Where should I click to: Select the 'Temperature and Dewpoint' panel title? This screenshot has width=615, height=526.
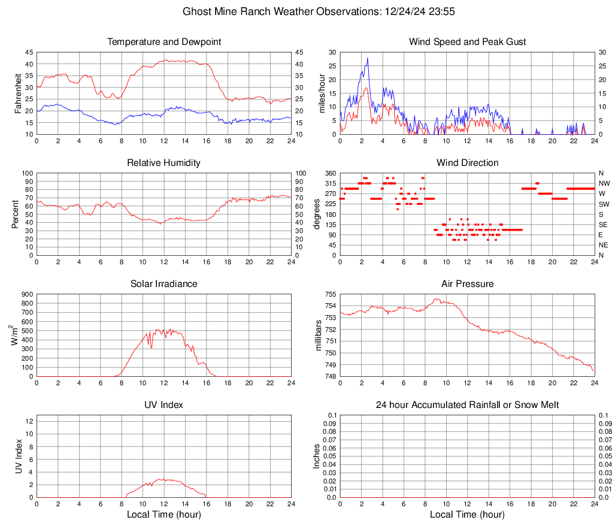coord(164,42)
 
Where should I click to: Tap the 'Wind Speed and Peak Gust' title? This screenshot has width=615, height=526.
coord(467,42)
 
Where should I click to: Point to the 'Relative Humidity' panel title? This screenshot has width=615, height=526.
coord(164,163)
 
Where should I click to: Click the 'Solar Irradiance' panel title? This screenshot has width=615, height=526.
coord(164,284)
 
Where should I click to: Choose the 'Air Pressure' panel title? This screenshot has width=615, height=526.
coord(467,284)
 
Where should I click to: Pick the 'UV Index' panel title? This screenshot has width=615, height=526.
coord(164,405)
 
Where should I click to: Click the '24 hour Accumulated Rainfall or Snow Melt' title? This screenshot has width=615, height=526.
coord(467,405)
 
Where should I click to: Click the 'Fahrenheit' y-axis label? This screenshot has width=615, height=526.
coord(17,93)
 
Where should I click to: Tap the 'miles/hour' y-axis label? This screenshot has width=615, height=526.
coord(322,93)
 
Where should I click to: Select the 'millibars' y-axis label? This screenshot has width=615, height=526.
coord(319,335)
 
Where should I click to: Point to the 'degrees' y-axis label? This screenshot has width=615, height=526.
coord(317,214)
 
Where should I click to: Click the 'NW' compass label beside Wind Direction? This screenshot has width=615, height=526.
coord(604,183)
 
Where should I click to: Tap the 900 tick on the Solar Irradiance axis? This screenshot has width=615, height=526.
coord(27,294)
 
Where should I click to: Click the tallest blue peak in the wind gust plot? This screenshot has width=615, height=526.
coord(367,58)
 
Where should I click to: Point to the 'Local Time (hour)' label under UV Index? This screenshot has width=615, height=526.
coord(164,515)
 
